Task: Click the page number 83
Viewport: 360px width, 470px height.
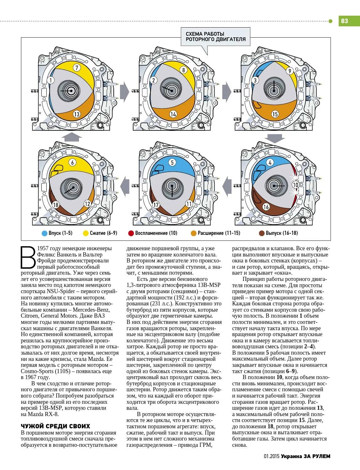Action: click(x=344, y=21)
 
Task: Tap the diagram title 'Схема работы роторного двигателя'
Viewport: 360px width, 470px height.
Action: click(x=216, y=36)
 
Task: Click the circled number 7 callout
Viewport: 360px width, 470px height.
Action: click(x=76, y=67)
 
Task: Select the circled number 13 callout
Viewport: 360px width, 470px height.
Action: click(x=76, y=114)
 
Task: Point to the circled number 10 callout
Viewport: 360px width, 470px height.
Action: click(x=295, y=185)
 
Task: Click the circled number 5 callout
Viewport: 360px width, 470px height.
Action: click(x=172, y=162)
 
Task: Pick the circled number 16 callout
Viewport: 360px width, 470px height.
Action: click(x=266, y=207)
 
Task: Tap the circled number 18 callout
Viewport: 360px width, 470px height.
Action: click(x=55, y=205)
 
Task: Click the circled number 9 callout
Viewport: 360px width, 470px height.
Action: click(x=290, y=71)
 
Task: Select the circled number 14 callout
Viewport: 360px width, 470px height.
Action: click(x=173, y=114)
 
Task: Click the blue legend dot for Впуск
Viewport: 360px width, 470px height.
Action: click(x=44, y=233)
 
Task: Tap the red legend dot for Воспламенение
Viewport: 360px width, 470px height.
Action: click(x=131, y=233)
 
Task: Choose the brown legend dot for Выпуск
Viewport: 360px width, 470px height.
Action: click(x=262, y=233)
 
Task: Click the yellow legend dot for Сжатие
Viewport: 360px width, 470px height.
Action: click(x=86, y=233)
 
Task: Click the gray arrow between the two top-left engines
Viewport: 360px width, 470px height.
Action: click(x=124, y=92)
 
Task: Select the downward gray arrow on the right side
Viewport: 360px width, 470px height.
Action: click(x=274, y=138)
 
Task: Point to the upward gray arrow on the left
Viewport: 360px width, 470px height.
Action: click(x=71, y=137)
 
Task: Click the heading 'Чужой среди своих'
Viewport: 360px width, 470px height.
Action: click(x=55, y=426)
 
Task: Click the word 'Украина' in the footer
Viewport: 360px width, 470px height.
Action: click(x=291, y=456)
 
